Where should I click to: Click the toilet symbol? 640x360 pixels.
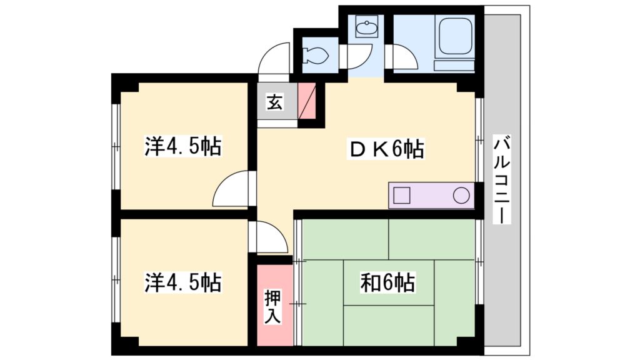click(x=315, y=56)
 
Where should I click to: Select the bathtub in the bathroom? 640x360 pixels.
click(x=455, y=37)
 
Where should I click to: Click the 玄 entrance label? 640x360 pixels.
click(x=273, y=101)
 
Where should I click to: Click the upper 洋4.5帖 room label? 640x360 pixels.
click(x=183, y=147)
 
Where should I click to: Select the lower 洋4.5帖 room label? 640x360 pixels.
click(x=183, y=282)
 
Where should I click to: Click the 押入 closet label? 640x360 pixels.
click(x=273, y=306)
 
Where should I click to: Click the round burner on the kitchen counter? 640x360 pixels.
click(x=461, y=195)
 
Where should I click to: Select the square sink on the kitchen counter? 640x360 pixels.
click(x=401, y=195)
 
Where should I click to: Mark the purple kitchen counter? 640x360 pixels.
click(x=431, y=195)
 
